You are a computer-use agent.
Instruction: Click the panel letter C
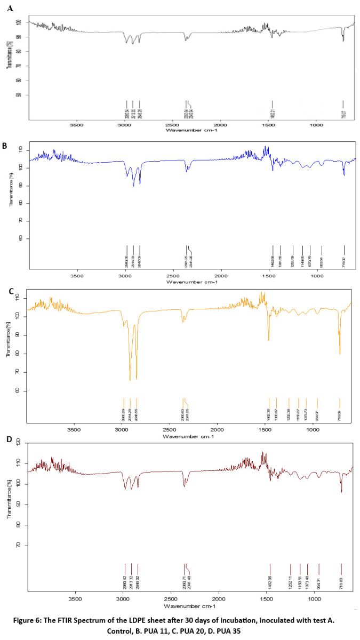tap(10, 291)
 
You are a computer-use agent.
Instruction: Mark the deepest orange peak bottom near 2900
tap(130, 380)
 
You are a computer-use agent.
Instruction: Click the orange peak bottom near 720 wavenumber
tap(340, 353)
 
